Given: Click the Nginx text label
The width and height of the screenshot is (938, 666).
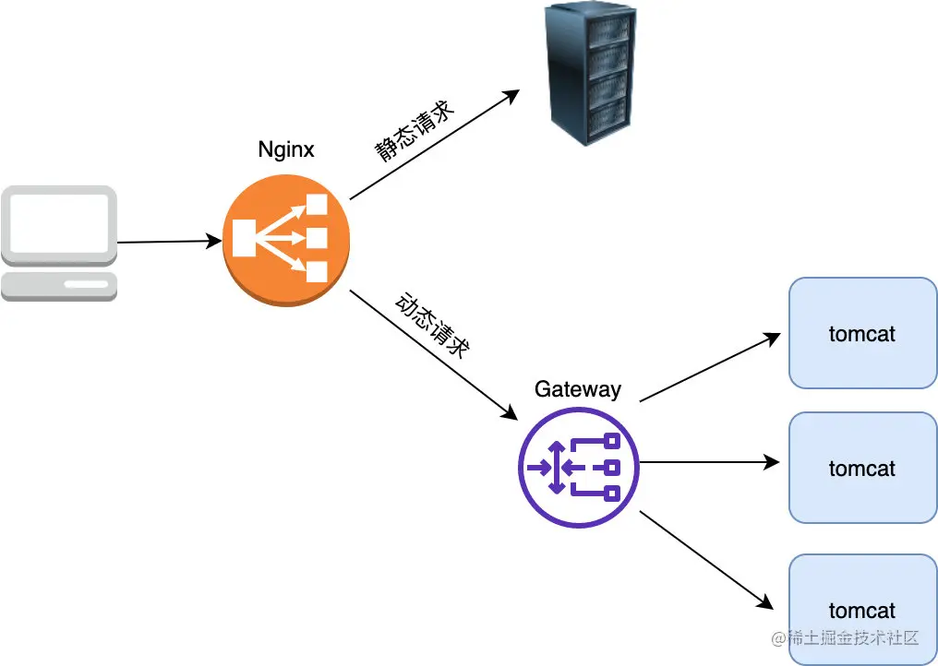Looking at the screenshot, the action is [x=286, y=149].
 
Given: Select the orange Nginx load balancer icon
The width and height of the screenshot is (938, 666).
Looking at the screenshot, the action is [x=286, y=241].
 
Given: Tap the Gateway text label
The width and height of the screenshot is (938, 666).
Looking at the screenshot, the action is [x=578, y=389].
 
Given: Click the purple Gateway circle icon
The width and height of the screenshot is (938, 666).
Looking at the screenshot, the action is [x=579, y=468].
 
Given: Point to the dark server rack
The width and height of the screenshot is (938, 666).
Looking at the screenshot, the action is [x=590, y=74].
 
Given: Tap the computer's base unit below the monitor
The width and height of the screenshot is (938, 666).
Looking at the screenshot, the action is [x=59, y=286].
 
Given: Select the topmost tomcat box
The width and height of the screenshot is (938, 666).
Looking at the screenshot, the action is [x=862, y=333].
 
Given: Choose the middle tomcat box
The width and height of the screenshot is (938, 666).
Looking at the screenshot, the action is [x=862, y=468].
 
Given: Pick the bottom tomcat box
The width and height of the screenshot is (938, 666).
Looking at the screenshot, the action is [x=862, y=609].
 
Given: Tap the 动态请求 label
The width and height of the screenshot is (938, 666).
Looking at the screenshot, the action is [x=432, y=325].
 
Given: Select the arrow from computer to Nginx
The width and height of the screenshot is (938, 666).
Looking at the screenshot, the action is [x=169, y=242].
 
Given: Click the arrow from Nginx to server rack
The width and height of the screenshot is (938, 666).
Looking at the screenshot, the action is [x=435, y=144].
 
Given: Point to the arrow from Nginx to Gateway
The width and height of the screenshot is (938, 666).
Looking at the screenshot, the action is [x=434, y=355].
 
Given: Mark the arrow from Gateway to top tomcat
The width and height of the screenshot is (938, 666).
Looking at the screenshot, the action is [x=710, y=367].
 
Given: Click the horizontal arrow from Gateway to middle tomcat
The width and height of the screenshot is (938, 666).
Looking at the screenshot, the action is [x=709, y=462].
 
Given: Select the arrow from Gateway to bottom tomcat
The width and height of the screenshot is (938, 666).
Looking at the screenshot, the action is [x=706, y=560].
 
